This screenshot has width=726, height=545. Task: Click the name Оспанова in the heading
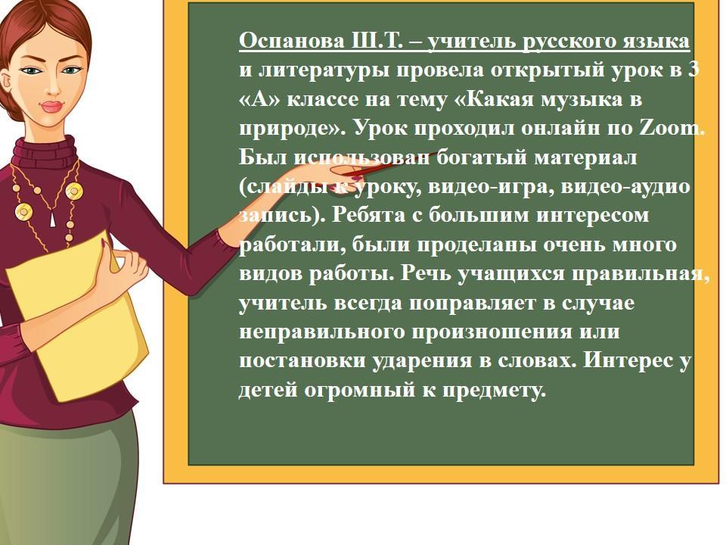pyautogui.click(x=292, y=41)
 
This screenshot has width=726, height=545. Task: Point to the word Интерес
pyautogui.click(x=628, y=360)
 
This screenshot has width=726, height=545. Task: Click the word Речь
pyautogui.click(x=426, y=273)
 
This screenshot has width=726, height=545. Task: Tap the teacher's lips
pyautogui.click(x=52, y=107)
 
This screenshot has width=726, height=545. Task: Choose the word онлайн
pyautogui.click(x=560, y=129)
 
